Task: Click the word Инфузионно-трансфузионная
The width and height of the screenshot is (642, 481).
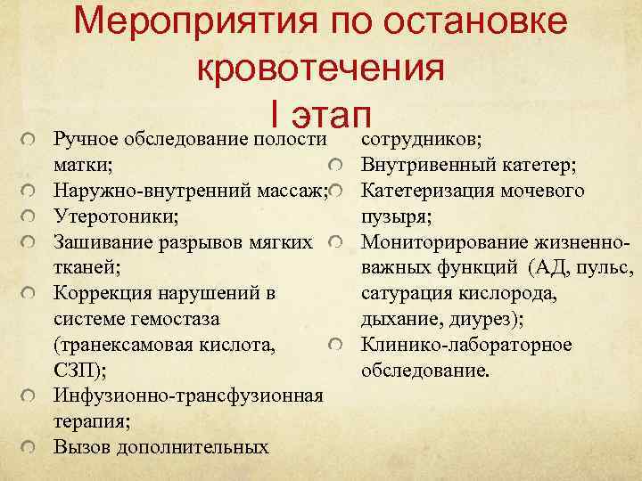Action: point(188,395)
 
